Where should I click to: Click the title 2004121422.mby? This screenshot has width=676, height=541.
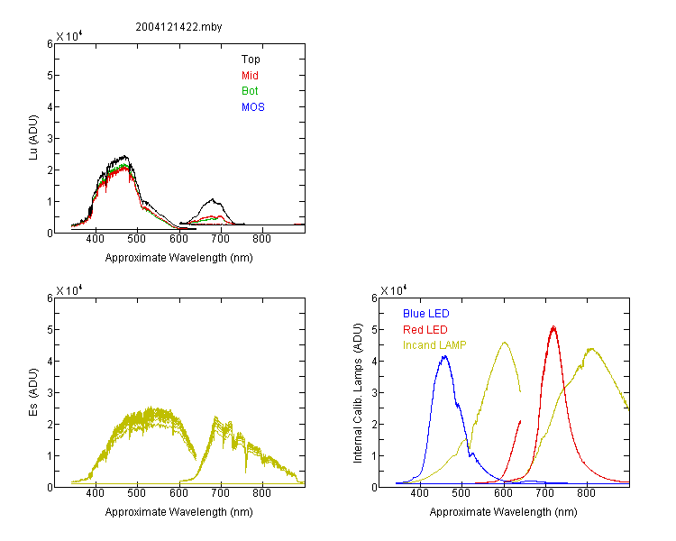coord(178,27)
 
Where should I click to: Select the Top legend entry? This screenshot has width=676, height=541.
coord(251,60)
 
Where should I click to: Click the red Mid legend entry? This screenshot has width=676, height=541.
coord(250,76)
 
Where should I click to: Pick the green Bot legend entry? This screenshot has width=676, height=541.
coord(250,91)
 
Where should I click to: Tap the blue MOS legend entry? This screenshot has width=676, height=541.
coord(253,107)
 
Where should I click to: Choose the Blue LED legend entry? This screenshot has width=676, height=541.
coord(426,314)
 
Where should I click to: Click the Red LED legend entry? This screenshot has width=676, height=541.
coord(425,330)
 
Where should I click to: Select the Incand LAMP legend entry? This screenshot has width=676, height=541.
coord(434,345)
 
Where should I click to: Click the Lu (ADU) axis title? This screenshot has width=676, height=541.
coord(33,138)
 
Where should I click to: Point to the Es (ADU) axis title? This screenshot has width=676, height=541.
coord(33,392)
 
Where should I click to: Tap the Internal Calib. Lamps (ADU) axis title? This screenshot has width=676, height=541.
coord(358,393)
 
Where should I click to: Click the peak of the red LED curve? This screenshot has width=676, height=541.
coord(553,326)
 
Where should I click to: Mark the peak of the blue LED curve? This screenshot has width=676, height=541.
coord(444,356)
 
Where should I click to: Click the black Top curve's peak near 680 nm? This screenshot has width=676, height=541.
coord(213,199)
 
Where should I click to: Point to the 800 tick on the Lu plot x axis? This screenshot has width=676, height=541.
coord(261,239)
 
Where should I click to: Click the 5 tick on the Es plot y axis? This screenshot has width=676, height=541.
coord(50,330)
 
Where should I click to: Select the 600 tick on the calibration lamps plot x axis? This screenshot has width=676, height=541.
coord(503,493)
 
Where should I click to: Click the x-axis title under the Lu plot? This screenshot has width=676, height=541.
coord(179,258)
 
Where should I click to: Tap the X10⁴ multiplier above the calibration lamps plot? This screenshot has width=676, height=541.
coord(394,290)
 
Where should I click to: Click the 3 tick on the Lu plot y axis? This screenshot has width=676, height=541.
coord(50,139)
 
